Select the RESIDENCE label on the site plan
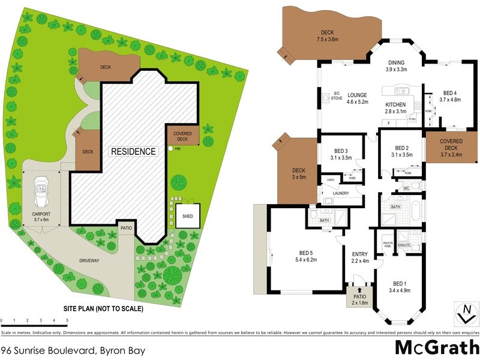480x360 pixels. pyautogui.click(x=133, y=152)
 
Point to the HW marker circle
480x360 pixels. pyautogui.click(x=170, y=148)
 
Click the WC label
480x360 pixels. pyautogui.click(x=406, y=188)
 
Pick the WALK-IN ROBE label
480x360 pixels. pyautogui.click(x=387, y=244)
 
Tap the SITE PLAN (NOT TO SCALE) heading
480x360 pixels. pyautogui.click(x=103, y=309)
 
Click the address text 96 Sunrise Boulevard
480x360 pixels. pyautogui.click(x=71, y=349)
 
